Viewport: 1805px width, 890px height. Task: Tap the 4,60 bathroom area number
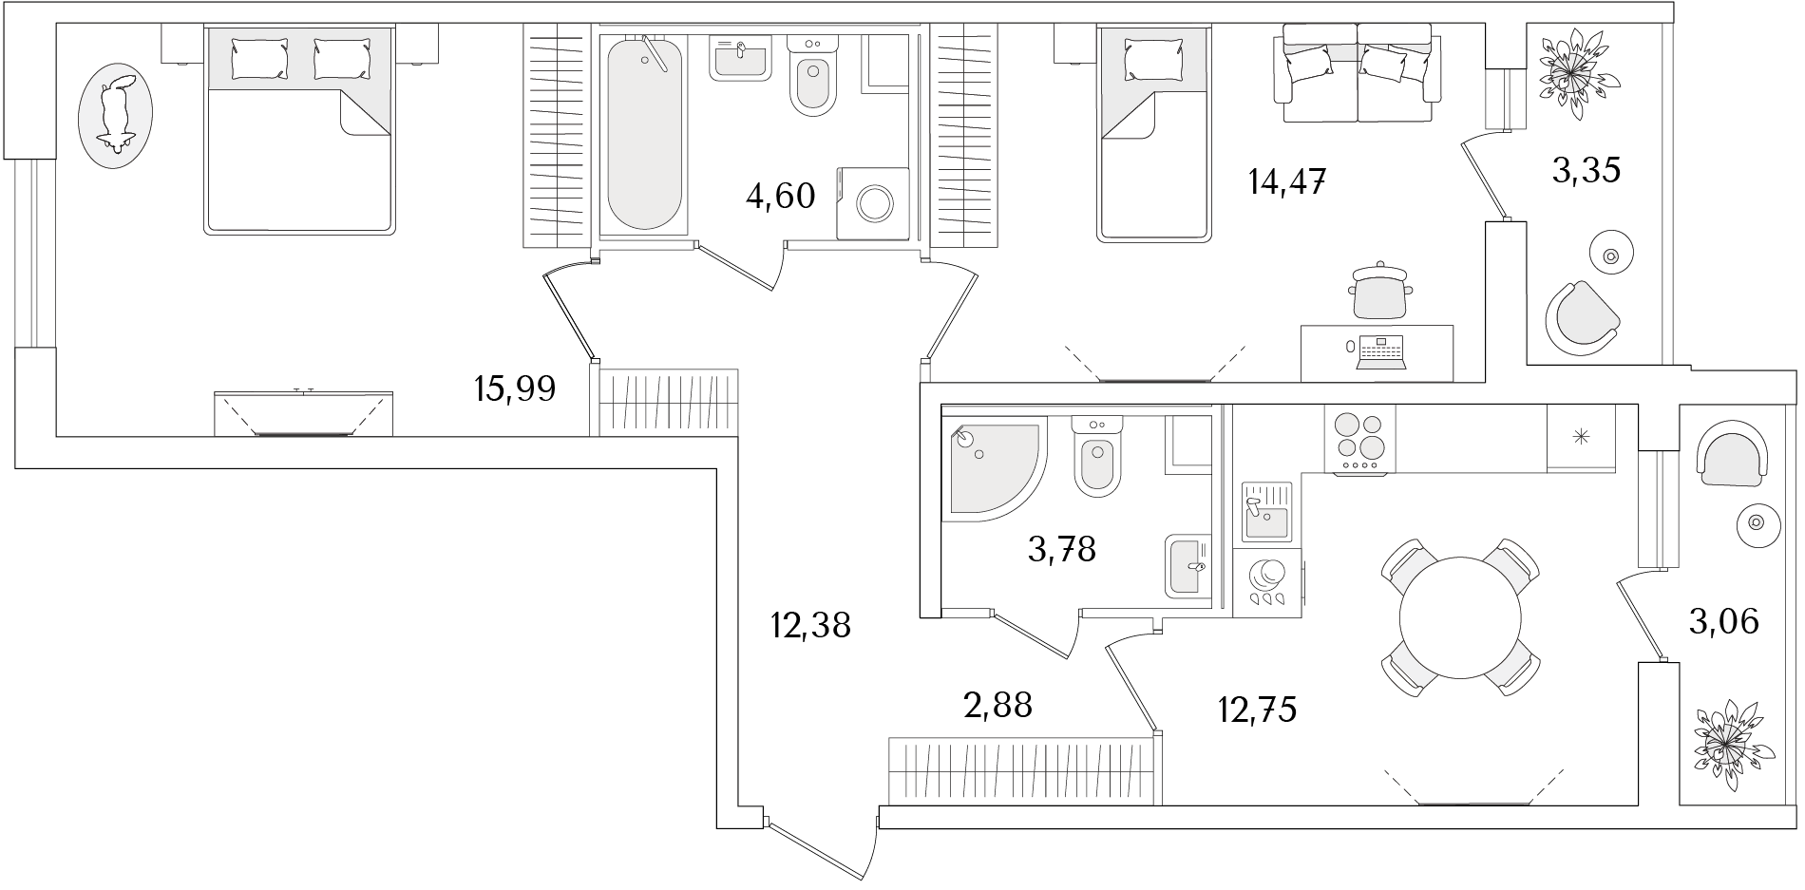click(x=781, y=197)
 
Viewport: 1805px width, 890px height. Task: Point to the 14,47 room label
click(x=1286, y=180)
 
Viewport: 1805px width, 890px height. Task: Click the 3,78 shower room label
click(x=1062, y=548)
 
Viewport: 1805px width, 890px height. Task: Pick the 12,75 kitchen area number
click(x=1257, y=709)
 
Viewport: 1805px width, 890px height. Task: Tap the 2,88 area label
click(x=997, y=705)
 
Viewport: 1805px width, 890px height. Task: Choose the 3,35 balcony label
click(x=1586, y=171)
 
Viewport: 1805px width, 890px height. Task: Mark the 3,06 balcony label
click(x=1723, y=622)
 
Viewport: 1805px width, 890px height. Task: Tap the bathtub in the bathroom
click(x=644, y=133)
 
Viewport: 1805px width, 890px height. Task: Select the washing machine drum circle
click(x=873, y=202)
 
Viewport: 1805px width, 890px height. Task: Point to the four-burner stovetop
click(x=1359, y=439)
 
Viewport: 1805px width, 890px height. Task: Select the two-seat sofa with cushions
click(x=1358, y=73)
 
